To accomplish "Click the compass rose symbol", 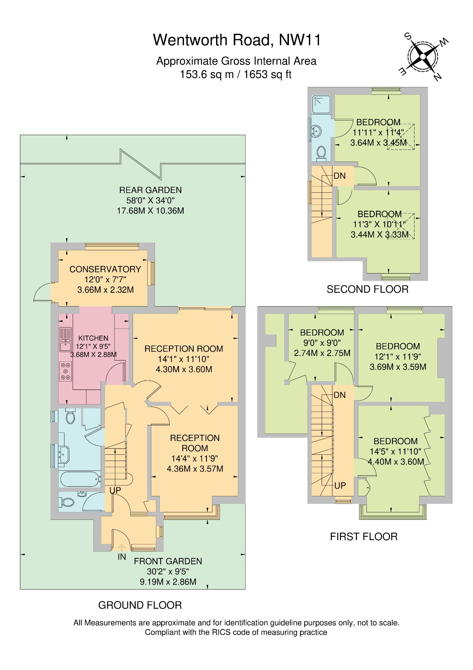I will [x=423, y=57].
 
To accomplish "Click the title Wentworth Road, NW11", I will [x=237, y=40].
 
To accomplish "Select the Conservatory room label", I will [x=105, y=269].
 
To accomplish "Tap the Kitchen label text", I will [x=93, y=338].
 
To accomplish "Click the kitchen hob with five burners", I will [x=66, y=371].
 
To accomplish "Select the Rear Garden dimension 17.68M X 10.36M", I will [x=150, y=211].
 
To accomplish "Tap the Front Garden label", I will [x=168, y=561].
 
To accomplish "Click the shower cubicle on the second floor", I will [x=321, y=104].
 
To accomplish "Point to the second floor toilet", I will [x=321, y=152].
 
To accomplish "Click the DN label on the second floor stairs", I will [x=340, y=176].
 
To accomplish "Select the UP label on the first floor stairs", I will [x=340, y=485].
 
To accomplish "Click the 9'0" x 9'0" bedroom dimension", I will [x=322, y=343].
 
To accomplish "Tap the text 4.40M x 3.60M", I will [x=396, y=462].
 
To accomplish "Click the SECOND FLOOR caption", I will [x=367, y=289].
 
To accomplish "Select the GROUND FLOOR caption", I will [x=140, y=605].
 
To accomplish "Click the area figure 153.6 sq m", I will [x=207, y=75].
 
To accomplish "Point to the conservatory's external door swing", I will [x=42, y=293].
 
